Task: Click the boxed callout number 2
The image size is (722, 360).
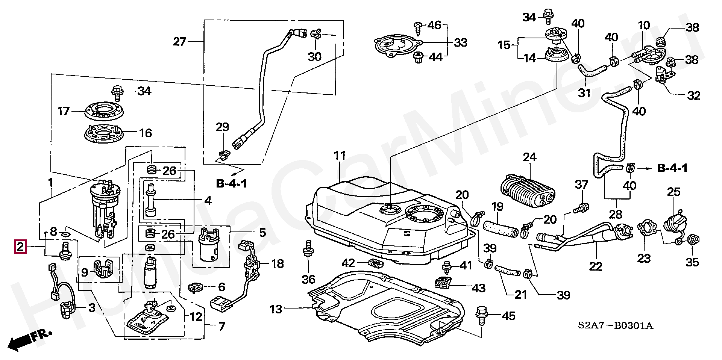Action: point(20,247)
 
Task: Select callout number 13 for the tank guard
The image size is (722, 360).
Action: point(275,310)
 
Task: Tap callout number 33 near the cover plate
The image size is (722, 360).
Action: point(461,42)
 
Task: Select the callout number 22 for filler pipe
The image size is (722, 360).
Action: point(596,266)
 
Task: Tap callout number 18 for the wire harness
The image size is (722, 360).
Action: point(278,263)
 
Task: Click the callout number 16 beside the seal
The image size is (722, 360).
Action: point(145,133)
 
